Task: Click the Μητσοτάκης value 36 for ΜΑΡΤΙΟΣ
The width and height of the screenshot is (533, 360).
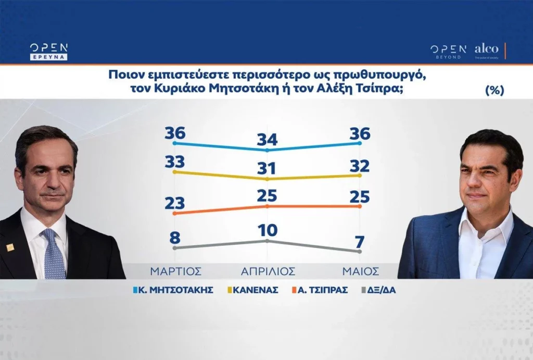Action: pos(175,133)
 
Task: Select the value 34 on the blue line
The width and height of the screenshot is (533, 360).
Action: pos(267,140)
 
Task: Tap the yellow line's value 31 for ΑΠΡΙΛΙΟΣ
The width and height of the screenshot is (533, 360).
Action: pos(266,168)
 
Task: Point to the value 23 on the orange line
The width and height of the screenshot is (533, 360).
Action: pos(175,203)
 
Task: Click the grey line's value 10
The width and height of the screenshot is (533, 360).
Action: pos(268,230)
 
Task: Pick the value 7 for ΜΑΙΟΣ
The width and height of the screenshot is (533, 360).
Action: pos(360,242)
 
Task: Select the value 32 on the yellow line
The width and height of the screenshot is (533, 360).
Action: pos(360,166)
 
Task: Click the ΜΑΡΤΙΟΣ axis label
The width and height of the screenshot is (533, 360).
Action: pos(176,271)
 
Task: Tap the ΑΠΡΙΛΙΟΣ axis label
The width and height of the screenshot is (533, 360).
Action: pos(268,271)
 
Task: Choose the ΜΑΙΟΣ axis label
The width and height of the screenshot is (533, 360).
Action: pos(360,271)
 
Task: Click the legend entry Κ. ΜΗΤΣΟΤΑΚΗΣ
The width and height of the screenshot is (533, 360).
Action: pos(173,290)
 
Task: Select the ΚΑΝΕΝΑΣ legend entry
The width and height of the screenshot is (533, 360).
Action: pos(252,290)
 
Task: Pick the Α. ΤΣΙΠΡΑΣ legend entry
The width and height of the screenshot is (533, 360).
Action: pos(320,290)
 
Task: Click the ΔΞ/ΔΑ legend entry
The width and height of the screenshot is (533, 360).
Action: pos(379,290)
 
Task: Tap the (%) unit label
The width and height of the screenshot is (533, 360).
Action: pos(494,90)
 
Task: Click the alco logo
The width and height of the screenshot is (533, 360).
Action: pos(487,51)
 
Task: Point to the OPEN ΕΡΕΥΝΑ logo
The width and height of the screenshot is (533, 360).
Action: pos(48,52)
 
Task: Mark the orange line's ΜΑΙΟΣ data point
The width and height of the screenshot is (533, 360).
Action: pos(360,206)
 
